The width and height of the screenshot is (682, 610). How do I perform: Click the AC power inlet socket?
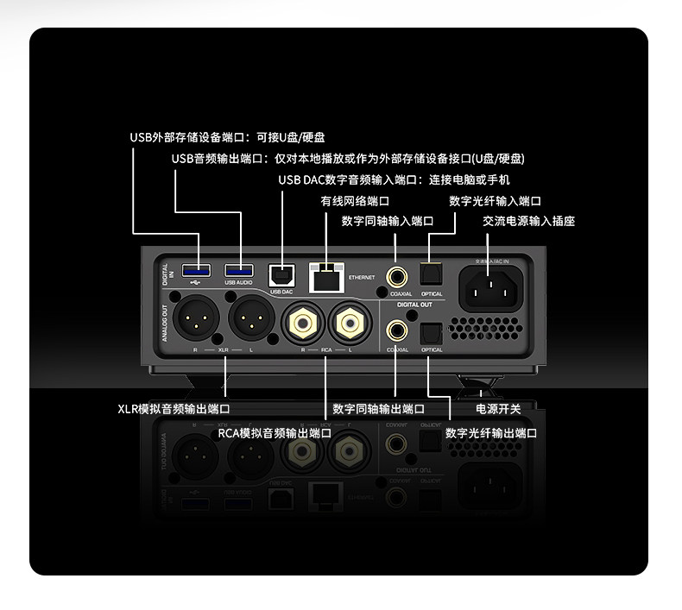tap(493, 286)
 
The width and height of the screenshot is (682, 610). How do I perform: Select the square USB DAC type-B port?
tap(281, 274)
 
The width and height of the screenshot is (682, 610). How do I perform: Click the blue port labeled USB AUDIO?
tap(238, 269)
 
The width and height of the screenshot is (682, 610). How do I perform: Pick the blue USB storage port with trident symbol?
tap(197, 269)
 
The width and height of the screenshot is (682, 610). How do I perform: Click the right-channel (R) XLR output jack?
tap(196, 320)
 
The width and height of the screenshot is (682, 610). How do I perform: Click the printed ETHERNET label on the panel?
tap(362, 278)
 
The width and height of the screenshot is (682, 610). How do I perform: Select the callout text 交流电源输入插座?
tap(528, 221)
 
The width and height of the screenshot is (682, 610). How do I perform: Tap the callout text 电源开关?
tap(498, 408)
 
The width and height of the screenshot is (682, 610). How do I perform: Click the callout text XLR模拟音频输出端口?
tap(174, 408)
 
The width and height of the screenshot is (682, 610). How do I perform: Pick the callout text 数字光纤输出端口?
tap(491, 433)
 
